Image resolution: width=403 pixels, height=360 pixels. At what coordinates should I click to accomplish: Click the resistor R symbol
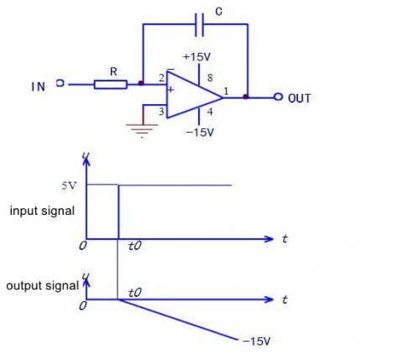[x=111, y=84]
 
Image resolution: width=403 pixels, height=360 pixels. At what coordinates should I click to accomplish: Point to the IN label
[x=39, y=86]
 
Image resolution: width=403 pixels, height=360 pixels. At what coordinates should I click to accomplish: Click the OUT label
[x=300, y=98]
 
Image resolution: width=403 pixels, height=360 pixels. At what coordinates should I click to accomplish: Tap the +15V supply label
[x=197, y=58]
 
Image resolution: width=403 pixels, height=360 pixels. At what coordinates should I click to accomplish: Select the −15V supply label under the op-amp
[x=199, y=133]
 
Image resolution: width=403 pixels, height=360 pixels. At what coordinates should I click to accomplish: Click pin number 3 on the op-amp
[x=160, y=110]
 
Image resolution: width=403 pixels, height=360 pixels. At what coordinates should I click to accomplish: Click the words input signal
[x=42, y=211]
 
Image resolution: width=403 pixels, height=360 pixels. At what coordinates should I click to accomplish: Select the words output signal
[x=42, y=285]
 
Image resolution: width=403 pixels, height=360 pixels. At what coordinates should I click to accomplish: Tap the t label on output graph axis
[x=285, y=300]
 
